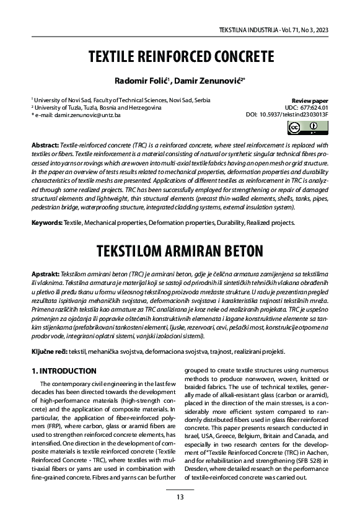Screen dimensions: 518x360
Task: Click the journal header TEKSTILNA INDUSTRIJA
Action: (x=244, y=30)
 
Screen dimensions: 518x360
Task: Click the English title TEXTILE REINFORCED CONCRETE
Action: (x=180, y=58)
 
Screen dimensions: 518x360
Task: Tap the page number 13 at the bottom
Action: (x=180, y=497)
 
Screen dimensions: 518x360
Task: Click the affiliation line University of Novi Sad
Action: (x=121, y=100)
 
